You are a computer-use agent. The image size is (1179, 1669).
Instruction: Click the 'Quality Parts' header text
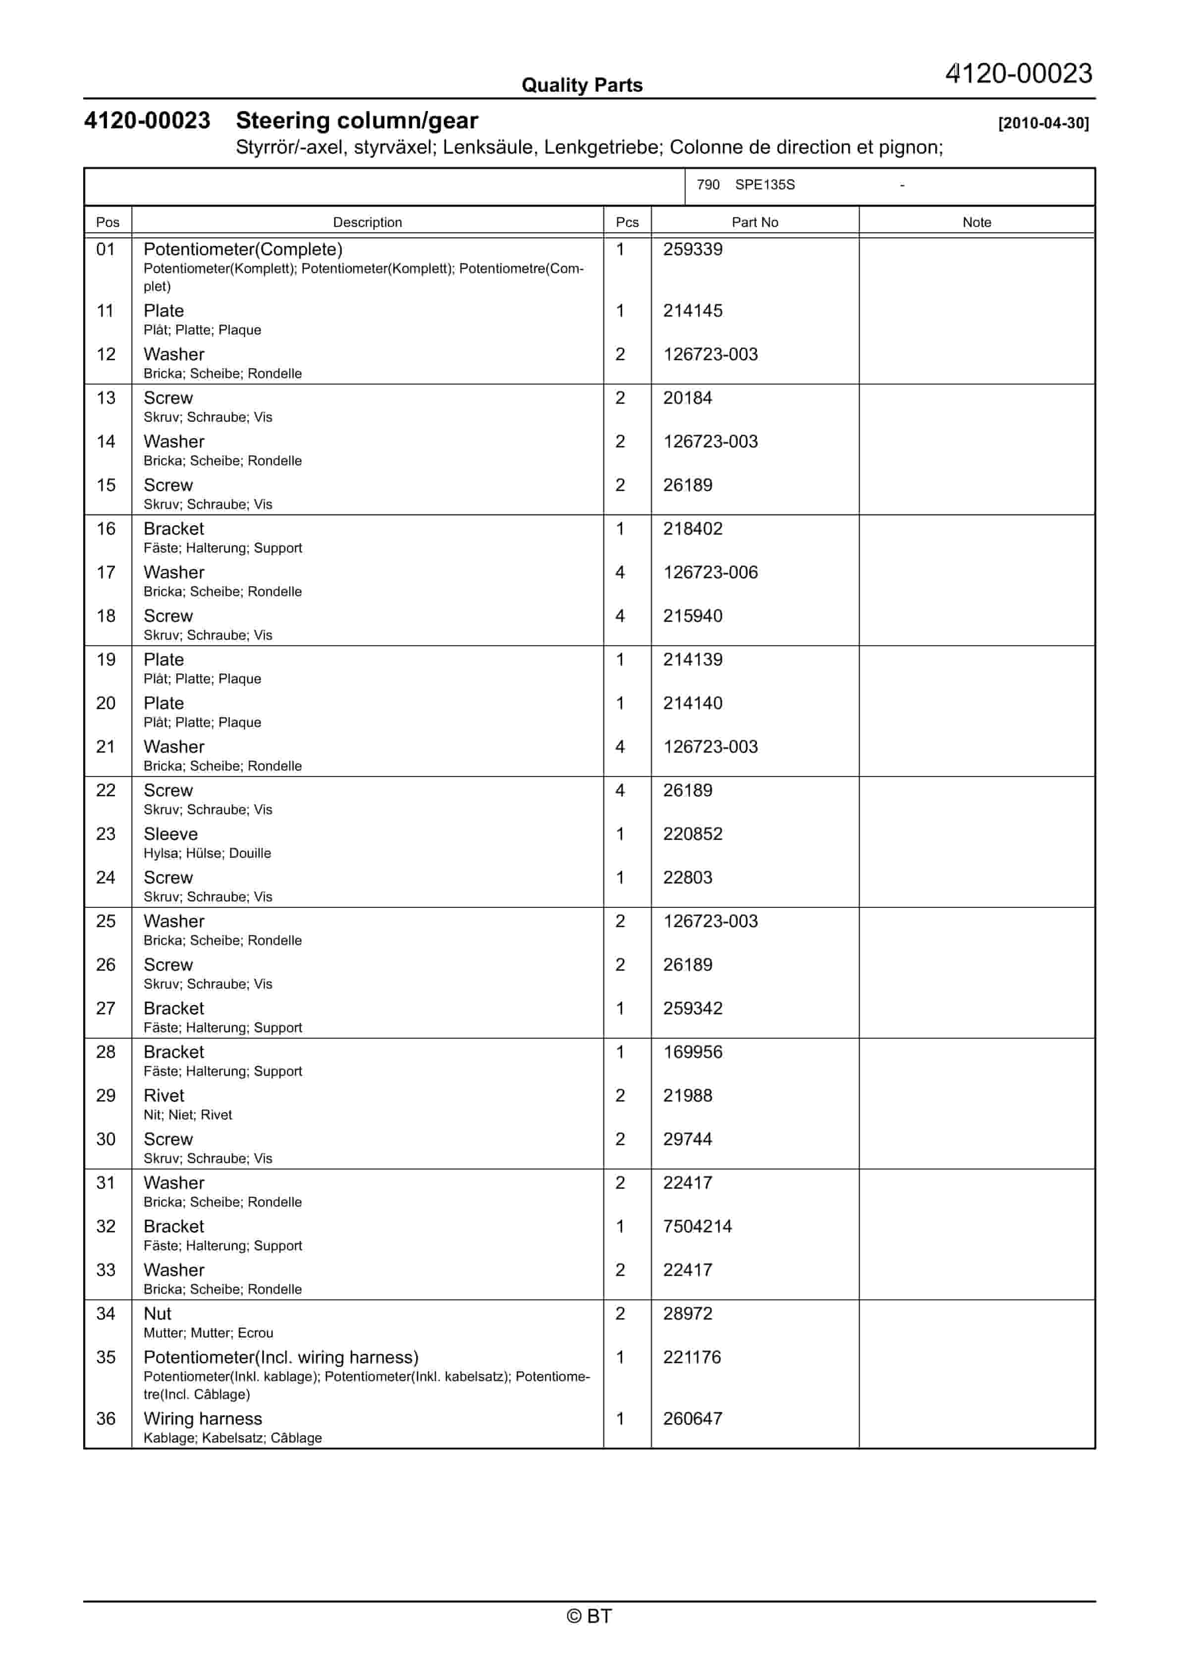[x=582, y=85]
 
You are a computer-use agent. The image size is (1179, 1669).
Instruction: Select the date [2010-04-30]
[x=1043, y=123]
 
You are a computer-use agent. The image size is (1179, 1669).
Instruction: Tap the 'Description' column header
[x=367, y=223]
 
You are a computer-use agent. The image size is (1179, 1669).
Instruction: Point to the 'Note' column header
[x=976, y=223]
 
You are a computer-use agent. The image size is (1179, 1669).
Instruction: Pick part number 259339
[x=692, y=249]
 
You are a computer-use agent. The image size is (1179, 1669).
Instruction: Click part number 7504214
[x=697, y=1226]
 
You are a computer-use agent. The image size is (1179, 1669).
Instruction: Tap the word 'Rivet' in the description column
[x=163, y=1096]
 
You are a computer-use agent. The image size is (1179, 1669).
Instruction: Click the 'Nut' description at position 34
[x=157, y=1314]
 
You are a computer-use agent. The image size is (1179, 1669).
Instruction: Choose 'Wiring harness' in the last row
[x=202, y=1418]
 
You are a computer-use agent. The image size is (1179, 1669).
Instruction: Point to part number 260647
[x=692, y=1418]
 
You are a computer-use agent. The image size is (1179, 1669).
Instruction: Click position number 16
[x=106, y=528]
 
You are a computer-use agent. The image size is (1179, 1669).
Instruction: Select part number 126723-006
[x=710, y=572]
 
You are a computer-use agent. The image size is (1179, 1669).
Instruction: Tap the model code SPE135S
[x=765, y=185]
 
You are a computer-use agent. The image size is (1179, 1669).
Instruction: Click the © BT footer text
[x=589, y=1616]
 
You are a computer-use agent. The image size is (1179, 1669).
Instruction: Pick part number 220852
[x=692, y=834]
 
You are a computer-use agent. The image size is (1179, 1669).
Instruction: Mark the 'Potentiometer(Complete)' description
[x=243, y=249]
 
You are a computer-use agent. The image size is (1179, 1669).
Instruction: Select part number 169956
[x=692, y=1052]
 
